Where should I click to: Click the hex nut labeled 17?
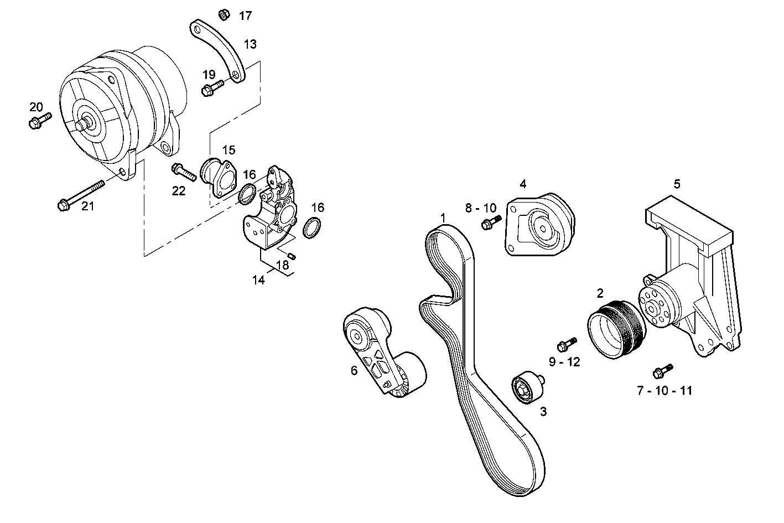224,13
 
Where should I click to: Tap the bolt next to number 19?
212,88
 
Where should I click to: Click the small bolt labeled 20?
39,120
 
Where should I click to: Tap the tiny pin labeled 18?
294,255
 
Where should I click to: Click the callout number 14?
258,280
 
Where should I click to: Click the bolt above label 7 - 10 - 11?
662,370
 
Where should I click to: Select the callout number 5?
677,184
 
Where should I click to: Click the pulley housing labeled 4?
539,227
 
